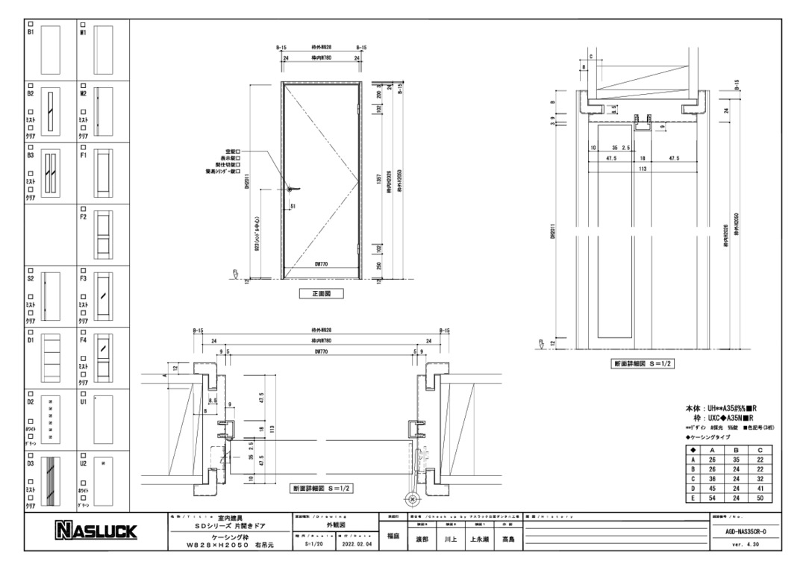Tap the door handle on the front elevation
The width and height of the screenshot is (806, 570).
click(x=292, y=190)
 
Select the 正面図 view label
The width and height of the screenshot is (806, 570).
click(x=322, y=294)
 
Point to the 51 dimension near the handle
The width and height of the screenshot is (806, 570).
click(x=293, y=206)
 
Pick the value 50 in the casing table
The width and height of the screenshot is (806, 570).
click(x=759, y=498)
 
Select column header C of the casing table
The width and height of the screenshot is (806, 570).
click(x=759, y=451)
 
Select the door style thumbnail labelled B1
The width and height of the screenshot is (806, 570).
click(x=50, y=49)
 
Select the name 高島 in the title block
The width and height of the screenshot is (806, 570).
click(x=508, y=539)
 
